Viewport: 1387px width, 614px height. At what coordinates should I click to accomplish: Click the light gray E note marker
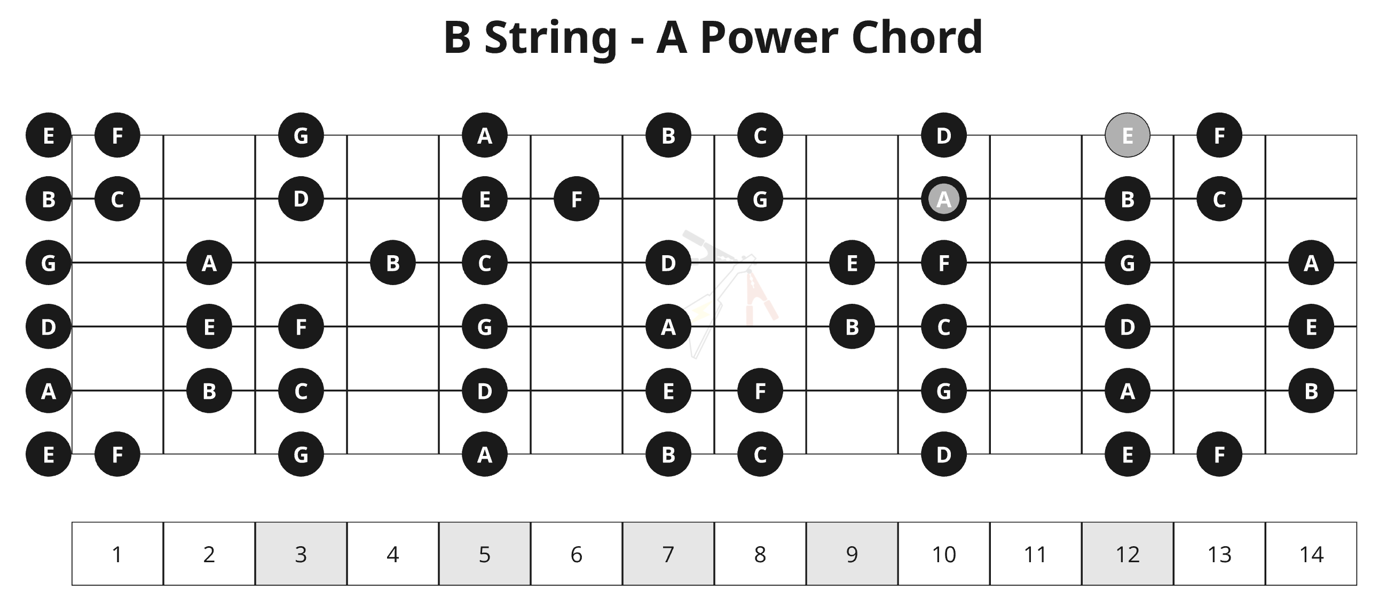coord(1128,135)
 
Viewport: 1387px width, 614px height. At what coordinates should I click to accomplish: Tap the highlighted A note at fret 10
coord(944,199)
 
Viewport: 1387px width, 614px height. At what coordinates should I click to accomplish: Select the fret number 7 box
coord(668,554)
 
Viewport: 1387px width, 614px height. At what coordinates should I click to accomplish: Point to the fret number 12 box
coord(1128,554)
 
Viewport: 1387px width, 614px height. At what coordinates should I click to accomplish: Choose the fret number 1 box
coord(117,554)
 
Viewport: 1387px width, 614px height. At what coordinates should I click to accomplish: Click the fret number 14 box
coord(1311,554)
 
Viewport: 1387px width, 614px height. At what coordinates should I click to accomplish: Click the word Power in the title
coord(769,38)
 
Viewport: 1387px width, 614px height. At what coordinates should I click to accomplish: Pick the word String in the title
coord(550,39)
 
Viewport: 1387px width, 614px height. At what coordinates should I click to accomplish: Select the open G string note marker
coord(49,263)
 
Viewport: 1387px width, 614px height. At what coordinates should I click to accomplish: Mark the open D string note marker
coord(49,326)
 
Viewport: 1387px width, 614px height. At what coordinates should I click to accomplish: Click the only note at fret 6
coord(577,199)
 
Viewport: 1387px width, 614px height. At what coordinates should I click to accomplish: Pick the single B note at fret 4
coord(393,263)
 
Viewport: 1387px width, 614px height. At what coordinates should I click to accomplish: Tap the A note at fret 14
coord(1311,263)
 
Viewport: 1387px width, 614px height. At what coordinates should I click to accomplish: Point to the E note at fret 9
coord(852,263)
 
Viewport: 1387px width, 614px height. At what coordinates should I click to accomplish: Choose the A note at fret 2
coord(209,263)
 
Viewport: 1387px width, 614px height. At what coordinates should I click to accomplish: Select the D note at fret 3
coord(301,199)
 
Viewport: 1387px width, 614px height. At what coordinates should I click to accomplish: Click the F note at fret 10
coord(944,263)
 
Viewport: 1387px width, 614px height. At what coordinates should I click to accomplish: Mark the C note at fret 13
coord(1219,199)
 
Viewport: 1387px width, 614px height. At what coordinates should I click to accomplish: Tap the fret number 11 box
coord(1035,554)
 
